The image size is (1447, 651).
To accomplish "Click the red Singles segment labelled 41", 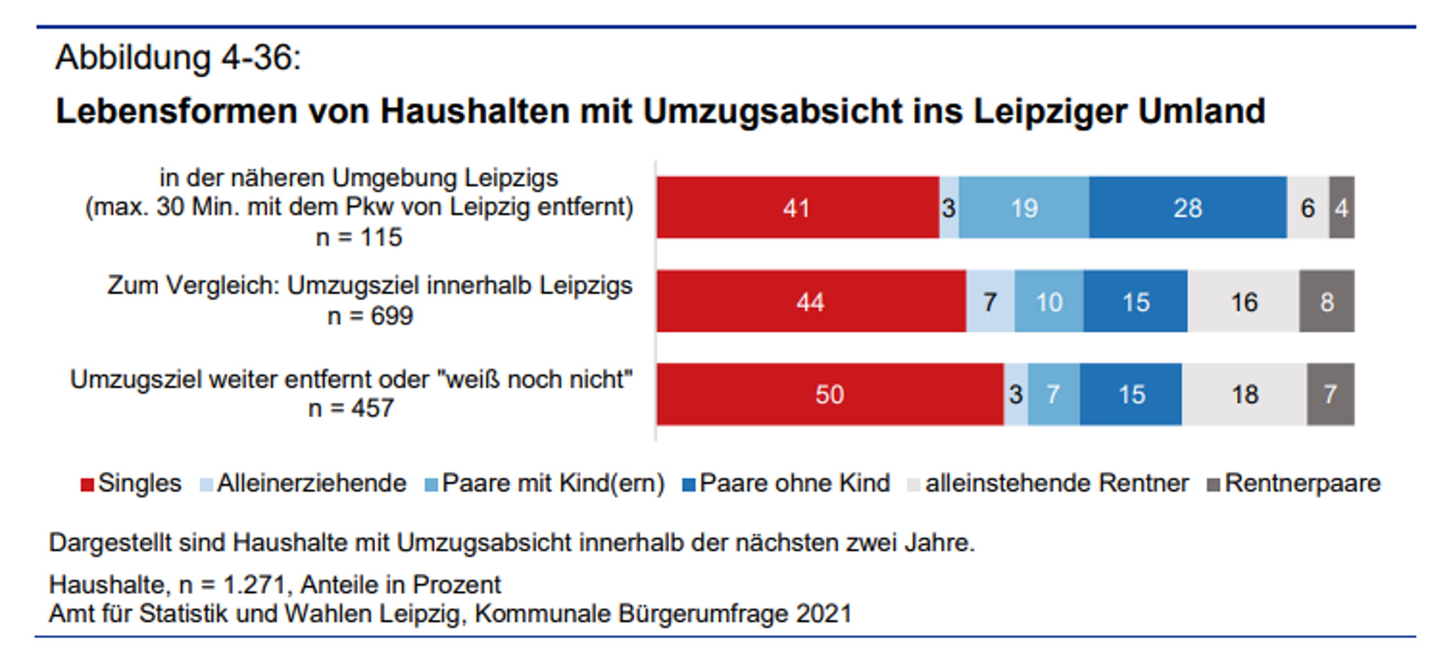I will click(x=797, y=208).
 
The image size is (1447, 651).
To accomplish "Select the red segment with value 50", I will click(x=830, y=394).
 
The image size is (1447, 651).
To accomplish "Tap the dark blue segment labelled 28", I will click(x=1188, y=208).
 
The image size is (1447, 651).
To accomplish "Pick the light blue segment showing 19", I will click(x=1024, y=208).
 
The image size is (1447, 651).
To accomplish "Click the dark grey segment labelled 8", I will click(x=1327, y=301).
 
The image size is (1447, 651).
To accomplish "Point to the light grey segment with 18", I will click(x=1244, y=394).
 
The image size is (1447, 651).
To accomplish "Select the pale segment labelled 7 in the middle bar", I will click(x=990, y=301).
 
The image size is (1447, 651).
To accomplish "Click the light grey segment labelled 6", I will click(x=1308, y=208).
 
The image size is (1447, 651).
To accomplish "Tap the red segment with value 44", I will click(x=810, y=301).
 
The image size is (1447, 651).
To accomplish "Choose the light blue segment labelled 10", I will click(x=1049, y=301).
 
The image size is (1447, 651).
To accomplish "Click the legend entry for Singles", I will click(x=132, y=483).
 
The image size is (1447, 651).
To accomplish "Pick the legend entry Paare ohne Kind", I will click(x=787, y=483).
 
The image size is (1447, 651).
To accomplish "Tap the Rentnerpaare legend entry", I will click(x=1294, y=483).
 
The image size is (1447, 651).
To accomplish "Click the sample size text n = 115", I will click(x=359, y=237).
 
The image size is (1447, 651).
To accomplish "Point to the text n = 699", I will click(x=370, y=316).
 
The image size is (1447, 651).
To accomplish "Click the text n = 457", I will click(x=351, y=408).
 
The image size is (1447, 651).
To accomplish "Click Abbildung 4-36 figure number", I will click(x=178, y=58).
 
